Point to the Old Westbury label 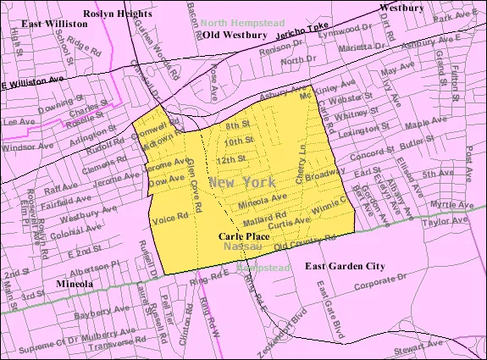[x=233, y=36]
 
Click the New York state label [x=245, y=182]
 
